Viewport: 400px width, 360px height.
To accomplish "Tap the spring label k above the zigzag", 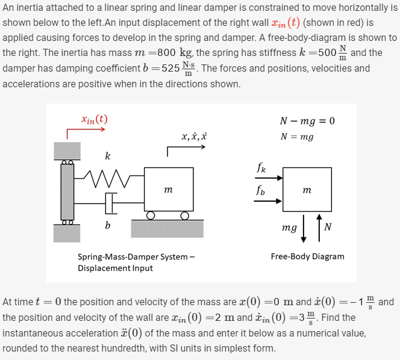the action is (107, 157).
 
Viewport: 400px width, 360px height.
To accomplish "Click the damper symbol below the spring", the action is (111, 203).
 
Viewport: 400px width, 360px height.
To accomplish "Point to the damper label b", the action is (107, 226).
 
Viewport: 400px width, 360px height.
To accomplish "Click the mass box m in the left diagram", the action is (168, 190).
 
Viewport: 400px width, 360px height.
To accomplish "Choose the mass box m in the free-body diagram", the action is (307, 190).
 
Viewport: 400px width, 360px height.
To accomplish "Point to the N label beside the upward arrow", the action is (327, 228).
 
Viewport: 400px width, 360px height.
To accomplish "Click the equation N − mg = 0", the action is (307, 120).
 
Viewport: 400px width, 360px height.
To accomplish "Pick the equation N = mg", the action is (297, 136).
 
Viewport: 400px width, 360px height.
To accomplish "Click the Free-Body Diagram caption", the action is (307, 256).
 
